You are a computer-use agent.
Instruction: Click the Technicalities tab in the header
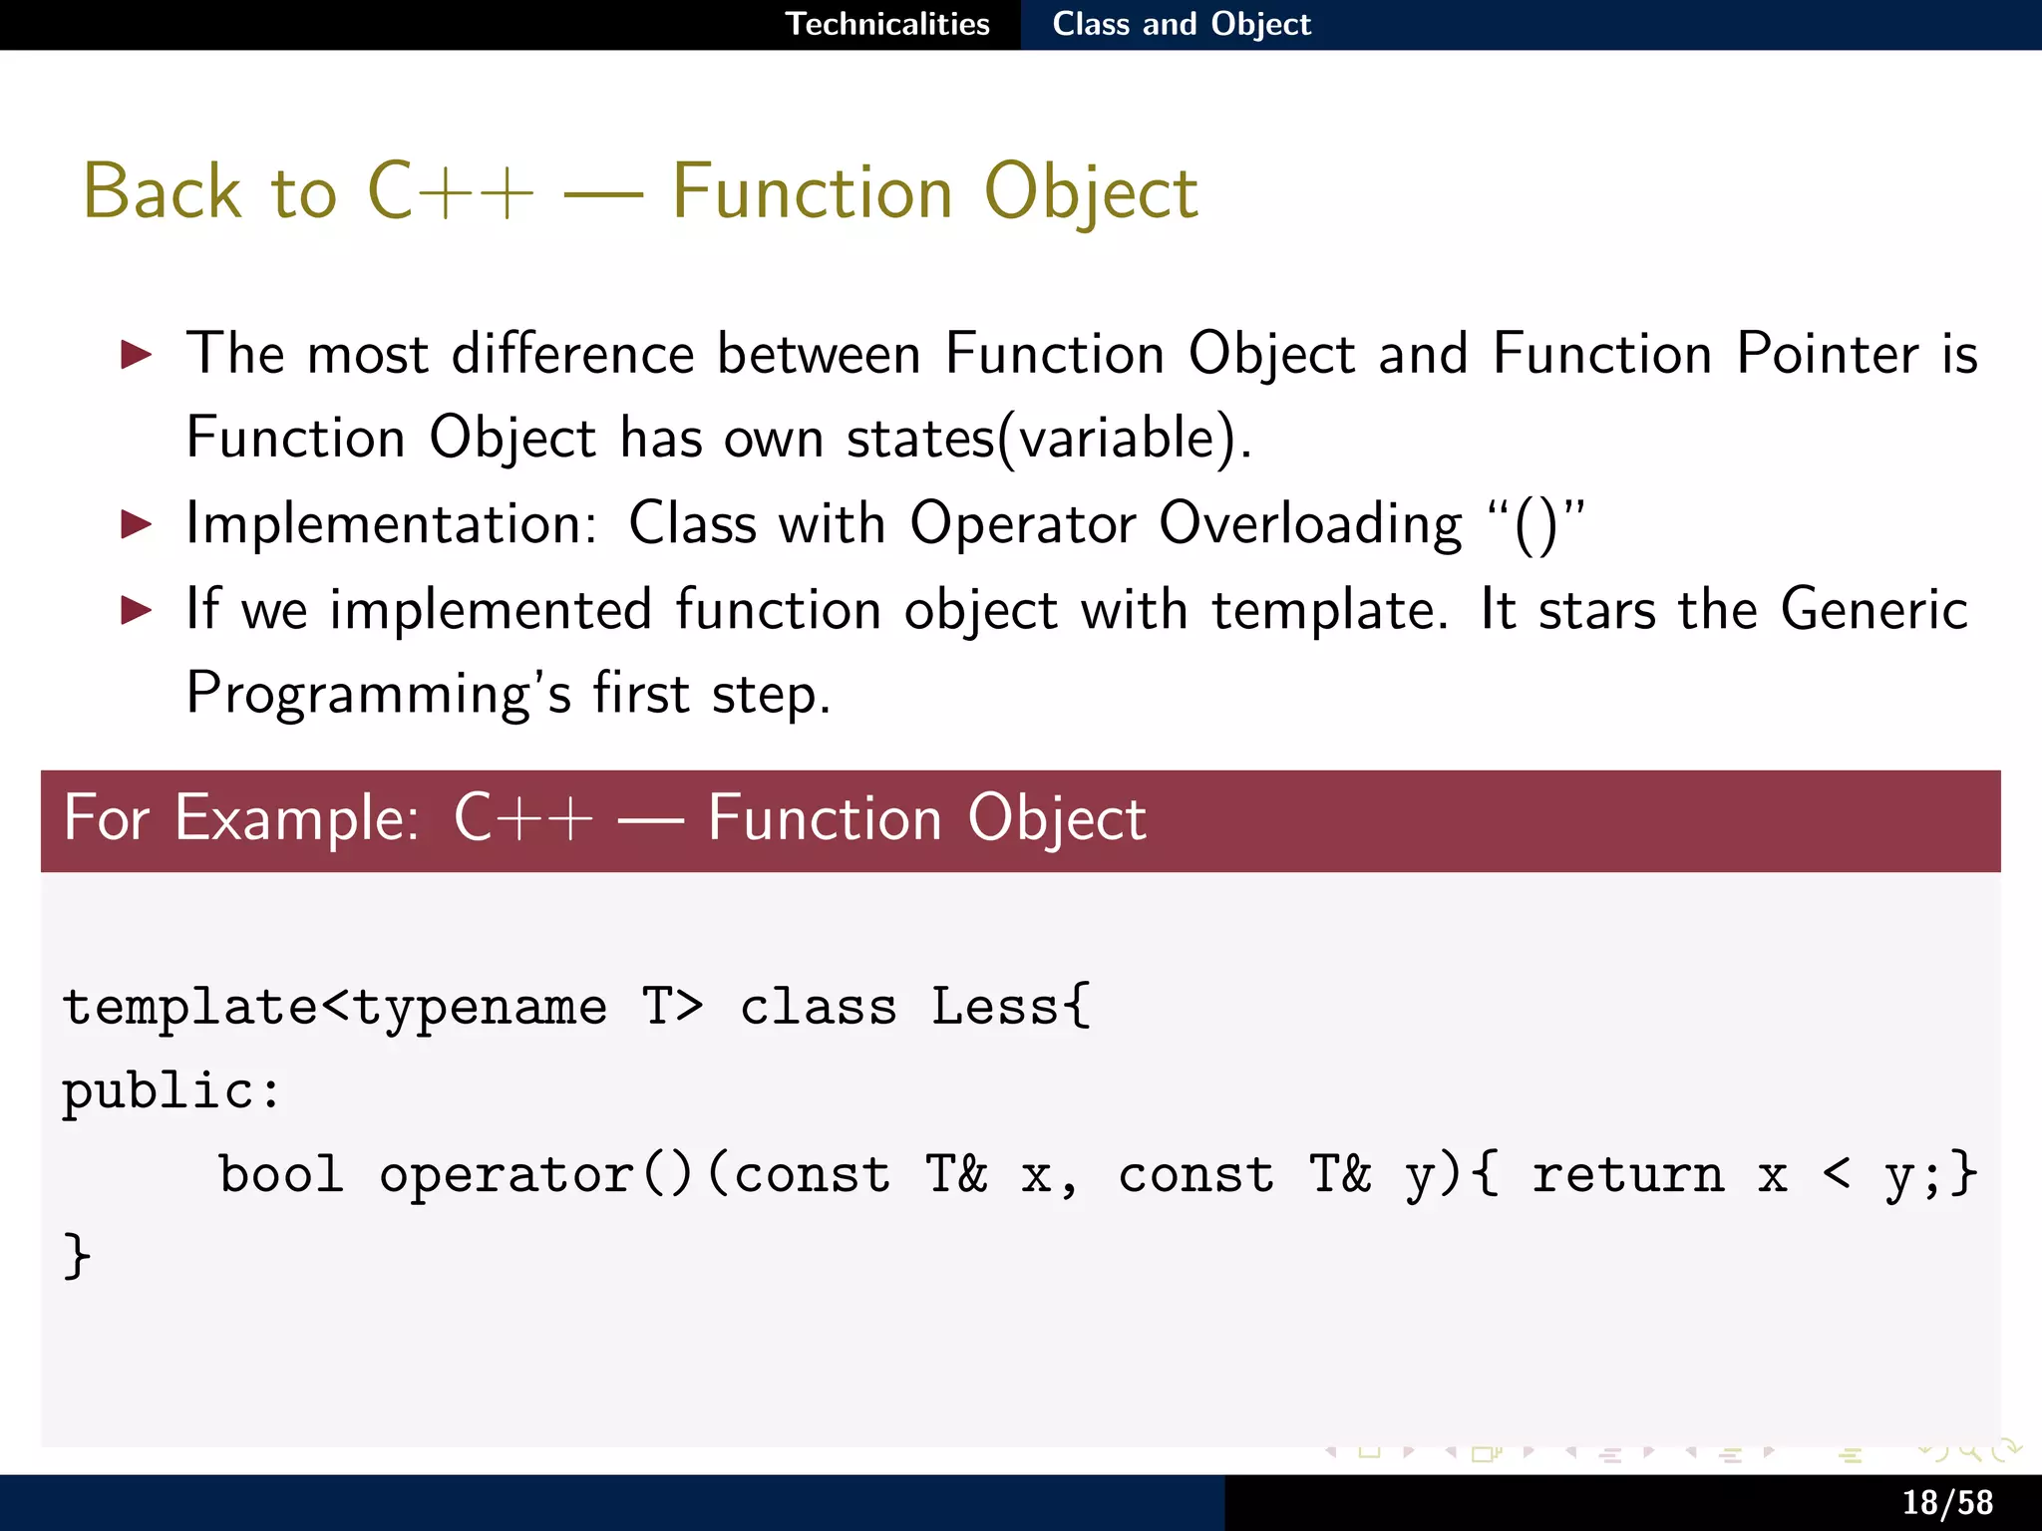coord(887,24)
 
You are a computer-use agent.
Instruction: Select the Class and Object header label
coord(1182,24)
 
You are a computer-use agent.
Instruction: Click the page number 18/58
coord(1946,1502)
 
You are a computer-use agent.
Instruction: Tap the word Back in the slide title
coord(163,191)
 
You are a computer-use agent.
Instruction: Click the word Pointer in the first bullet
coord(1827,354)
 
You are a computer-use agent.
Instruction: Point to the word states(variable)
coord(1048,439)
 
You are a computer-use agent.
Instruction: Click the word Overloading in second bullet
coord(1310,523)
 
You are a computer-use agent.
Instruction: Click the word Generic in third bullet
coord(1873,609)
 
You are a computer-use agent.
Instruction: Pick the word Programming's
coord(379,695)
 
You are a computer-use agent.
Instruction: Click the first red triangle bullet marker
coord(136,354)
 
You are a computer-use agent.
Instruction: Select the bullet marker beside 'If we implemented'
coord(136,609)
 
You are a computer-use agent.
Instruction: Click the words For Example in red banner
coord(240,819)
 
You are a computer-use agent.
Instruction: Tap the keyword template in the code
coord(189,1007)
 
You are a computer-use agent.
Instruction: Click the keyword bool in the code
coord(281,1174)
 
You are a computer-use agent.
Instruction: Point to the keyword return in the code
coord(1627,1174)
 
